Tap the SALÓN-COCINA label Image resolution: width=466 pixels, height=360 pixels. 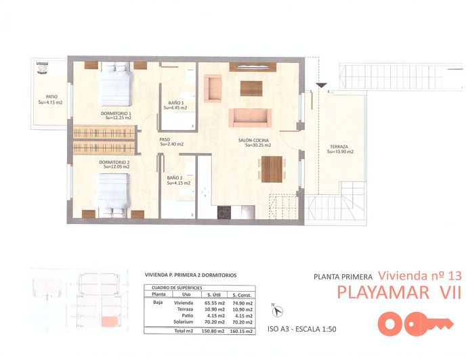254,142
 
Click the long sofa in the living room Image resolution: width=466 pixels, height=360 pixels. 251,118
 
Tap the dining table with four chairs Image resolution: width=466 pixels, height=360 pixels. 271,169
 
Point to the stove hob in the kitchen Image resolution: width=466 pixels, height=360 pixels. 224,212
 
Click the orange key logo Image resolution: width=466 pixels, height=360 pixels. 415,324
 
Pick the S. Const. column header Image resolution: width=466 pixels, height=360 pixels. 243,294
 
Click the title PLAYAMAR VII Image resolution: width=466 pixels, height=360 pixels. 399,292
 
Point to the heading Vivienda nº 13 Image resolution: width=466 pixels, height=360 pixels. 419,275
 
